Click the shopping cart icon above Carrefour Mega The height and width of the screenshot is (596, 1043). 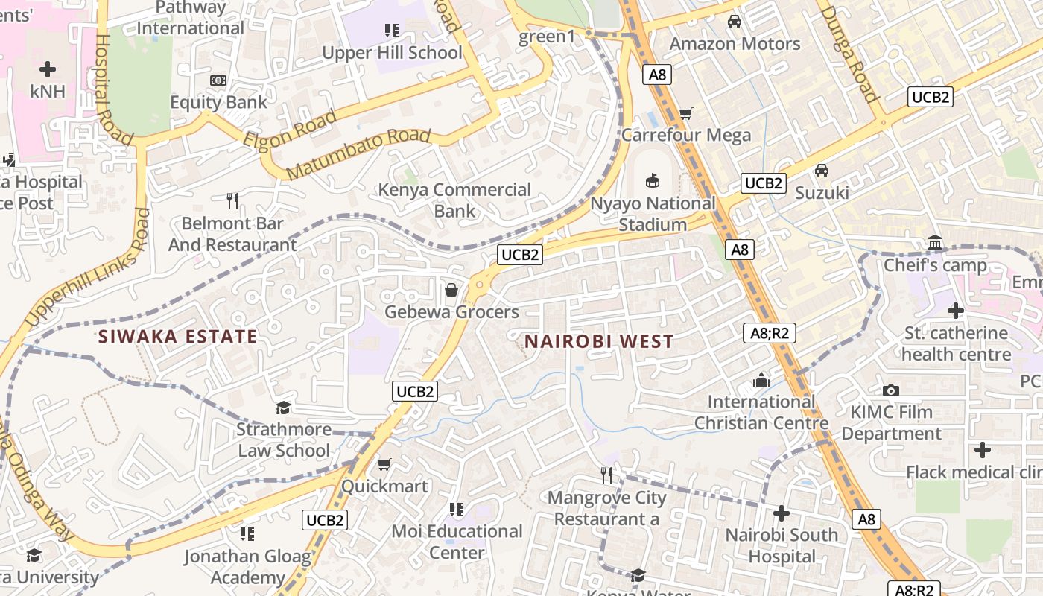[685, 114]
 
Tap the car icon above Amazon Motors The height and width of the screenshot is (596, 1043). [735, 22]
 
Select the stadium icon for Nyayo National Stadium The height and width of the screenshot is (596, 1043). [653, 180]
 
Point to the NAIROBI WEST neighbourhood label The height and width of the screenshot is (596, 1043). [599, 342]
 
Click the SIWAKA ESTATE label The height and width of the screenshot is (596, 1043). [177, 337]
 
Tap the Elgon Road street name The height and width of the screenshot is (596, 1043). [289, 131]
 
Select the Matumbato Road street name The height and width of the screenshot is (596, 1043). [358, 153]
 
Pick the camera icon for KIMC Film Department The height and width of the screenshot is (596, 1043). [890, 390]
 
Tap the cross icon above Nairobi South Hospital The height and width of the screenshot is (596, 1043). [781, 513]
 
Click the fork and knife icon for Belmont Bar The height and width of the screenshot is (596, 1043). [232, 200]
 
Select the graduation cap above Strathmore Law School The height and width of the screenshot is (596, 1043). [283, 408]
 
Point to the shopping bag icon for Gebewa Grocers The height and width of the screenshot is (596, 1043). [451, 289]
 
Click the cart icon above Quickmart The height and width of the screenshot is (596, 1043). [384, 465]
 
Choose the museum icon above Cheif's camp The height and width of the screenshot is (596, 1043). [934, 243]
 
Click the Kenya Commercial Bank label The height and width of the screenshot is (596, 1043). [454, 200]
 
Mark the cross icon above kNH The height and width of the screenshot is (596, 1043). [48, 70]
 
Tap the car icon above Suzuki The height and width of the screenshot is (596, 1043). [821, 171]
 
